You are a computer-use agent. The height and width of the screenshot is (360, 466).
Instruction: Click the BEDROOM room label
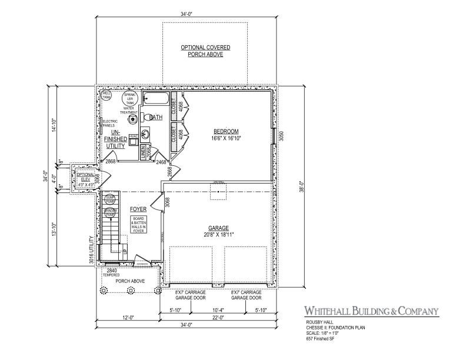coord(226,131)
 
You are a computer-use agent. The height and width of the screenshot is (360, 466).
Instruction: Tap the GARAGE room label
coord(218,228)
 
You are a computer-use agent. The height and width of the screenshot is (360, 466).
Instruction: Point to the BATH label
coord(156,118)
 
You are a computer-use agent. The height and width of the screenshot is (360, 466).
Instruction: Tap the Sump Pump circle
coord(109,199)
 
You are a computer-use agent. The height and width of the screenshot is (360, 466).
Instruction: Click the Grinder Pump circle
coord(109,213)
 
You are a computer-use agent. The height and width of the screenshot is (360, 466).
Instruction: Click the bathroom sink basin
coord(145,132)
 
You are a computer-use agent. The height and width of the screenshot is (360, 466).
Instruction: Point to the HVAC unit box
coord(134,139)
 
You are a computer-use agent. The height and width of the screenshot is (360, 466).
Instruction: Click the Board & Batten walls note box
coord(138,225)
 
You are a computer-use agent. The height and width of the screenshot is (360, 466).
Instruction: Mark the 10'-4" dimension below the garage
coord(218,310)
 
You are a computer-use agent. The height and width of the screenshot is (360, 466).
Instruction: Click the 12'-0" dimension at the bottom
coord(127,318)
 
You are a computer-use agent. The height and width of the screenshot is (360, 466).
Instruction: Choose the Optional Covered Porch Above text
coord(205,51)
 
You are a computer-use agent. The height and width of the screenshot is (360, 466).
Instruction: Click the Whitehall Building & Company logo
coord(371,311)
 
